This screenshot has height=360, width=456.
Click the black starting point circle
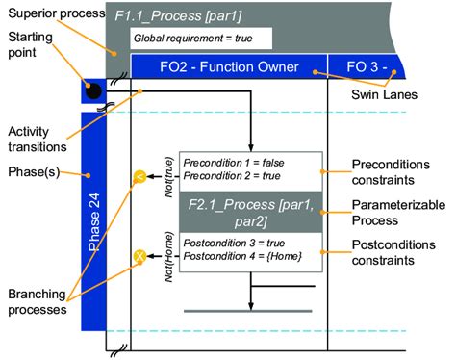[x=93, y=91]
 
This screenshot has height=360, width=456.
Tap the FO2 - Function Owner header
[x=229, y=66]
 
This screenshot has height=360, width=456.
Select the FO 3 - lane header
[x=367, y=66]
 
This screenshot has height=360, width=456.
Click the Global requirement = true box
[x=201, y=39]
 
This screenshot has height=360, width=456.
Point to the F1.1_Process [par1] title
[x=178, y=16]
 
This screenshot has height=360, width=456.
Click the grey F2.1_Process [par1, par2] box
[x=251, y=212]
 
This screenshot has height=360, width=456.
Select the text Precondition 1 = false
[x=234, y=163]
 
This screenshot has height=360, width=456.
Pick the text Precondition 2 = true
[x=232, y=176]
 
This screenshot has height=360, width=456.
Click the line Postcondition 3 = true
[x=234, y=243]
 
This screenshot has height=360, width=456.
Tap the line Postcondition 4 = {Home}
[x=242, y=256]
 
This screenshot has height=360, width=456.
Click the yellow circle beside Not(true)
[x=139, y=176]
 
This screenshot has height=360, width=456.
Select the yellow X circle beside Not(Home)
[x=139, y=256]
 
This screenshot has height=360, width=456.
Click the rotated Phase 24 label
[x=94, y=221]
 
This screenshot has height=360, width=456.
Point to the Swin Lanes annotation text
[x=384, y=94]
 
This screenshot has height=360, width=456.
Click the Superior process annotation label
[x=57, y=13]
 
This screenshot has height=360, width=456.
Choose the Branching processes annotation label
[x=38, y=301]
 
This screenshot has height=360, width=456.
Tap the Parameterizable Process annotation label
[x=398, y=213]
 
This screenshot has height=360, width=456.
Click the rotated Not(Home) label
[x=168, y=257]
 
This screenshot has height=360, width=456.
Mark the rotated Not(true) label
[x=168, y=177]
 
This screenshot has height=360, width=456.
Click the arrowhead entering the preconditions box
[x=251, y=148]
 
